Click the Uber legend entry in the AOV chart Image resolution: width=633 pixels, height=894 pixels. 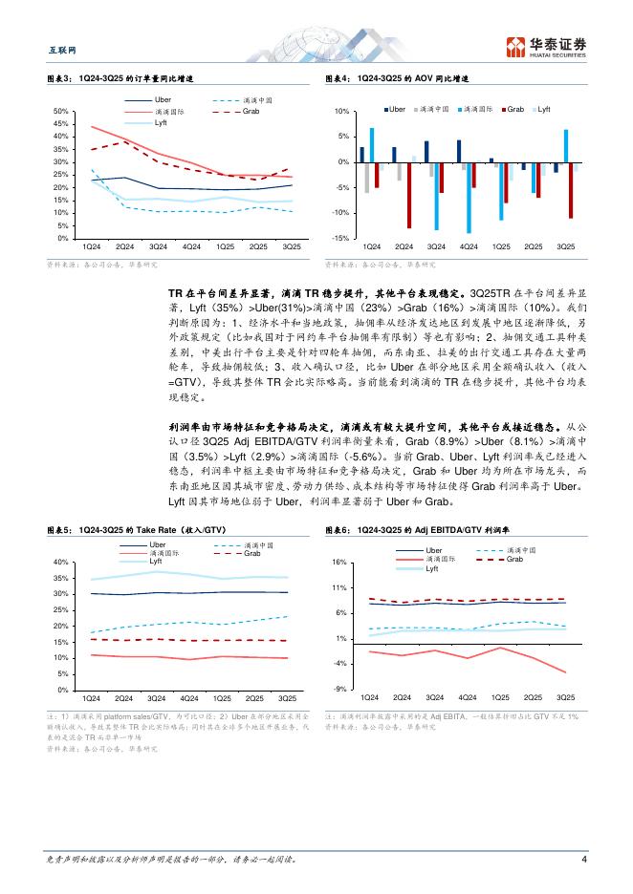(x=398, y=110)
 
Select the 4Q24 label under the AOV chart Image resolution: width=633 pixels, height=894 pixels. (x=468, y=246)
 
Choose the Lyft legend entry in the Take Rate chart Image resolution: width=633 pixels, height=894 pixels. (x=154, y=561)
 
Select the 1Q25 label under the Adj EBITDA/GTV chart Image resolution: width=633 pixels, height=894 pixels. (x=501, y=697)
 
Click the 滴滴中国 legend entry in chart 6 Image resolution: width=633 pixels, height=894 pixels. (x=520, y=550)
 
